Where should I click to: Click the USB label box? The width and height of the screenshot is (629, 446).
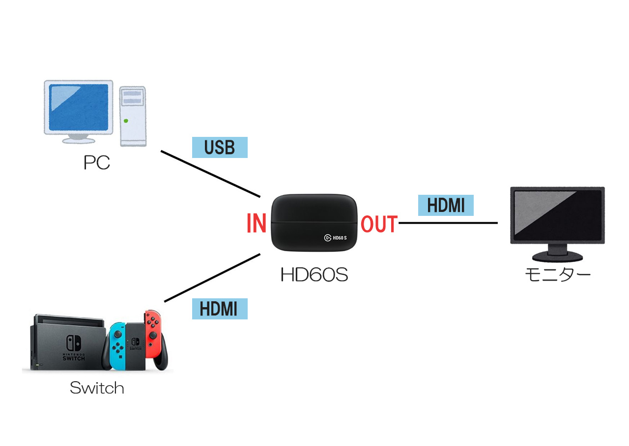[219, 147]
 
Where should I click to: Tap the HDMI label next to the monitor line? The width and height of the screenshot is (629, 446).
[445, 205]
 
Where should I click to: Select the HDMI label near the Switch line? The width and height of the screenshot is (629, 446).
[219, 309]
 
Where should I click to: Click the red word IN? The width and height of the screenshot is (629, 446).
[256, 224]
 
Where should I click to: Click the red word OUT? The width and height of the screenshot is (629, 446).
[379, 224]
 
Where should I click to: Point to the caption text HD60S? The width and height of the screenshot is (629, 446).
[314, 275]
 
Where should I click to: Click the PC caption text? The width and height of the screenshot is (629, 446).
[97, 162]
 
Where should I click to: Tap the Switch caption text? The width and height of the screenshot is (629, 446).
[97, 388]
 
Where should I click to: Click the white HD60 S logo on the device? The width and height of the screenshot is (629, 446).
[336, 237]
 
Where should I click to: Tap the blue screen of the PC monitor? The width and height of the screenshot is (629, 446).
[79, 106]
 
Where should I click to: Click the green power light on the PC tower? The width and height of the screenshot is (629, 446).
[127, 121]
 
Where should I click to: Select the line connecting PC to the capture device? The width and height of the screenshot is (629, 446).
[210, 174]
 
